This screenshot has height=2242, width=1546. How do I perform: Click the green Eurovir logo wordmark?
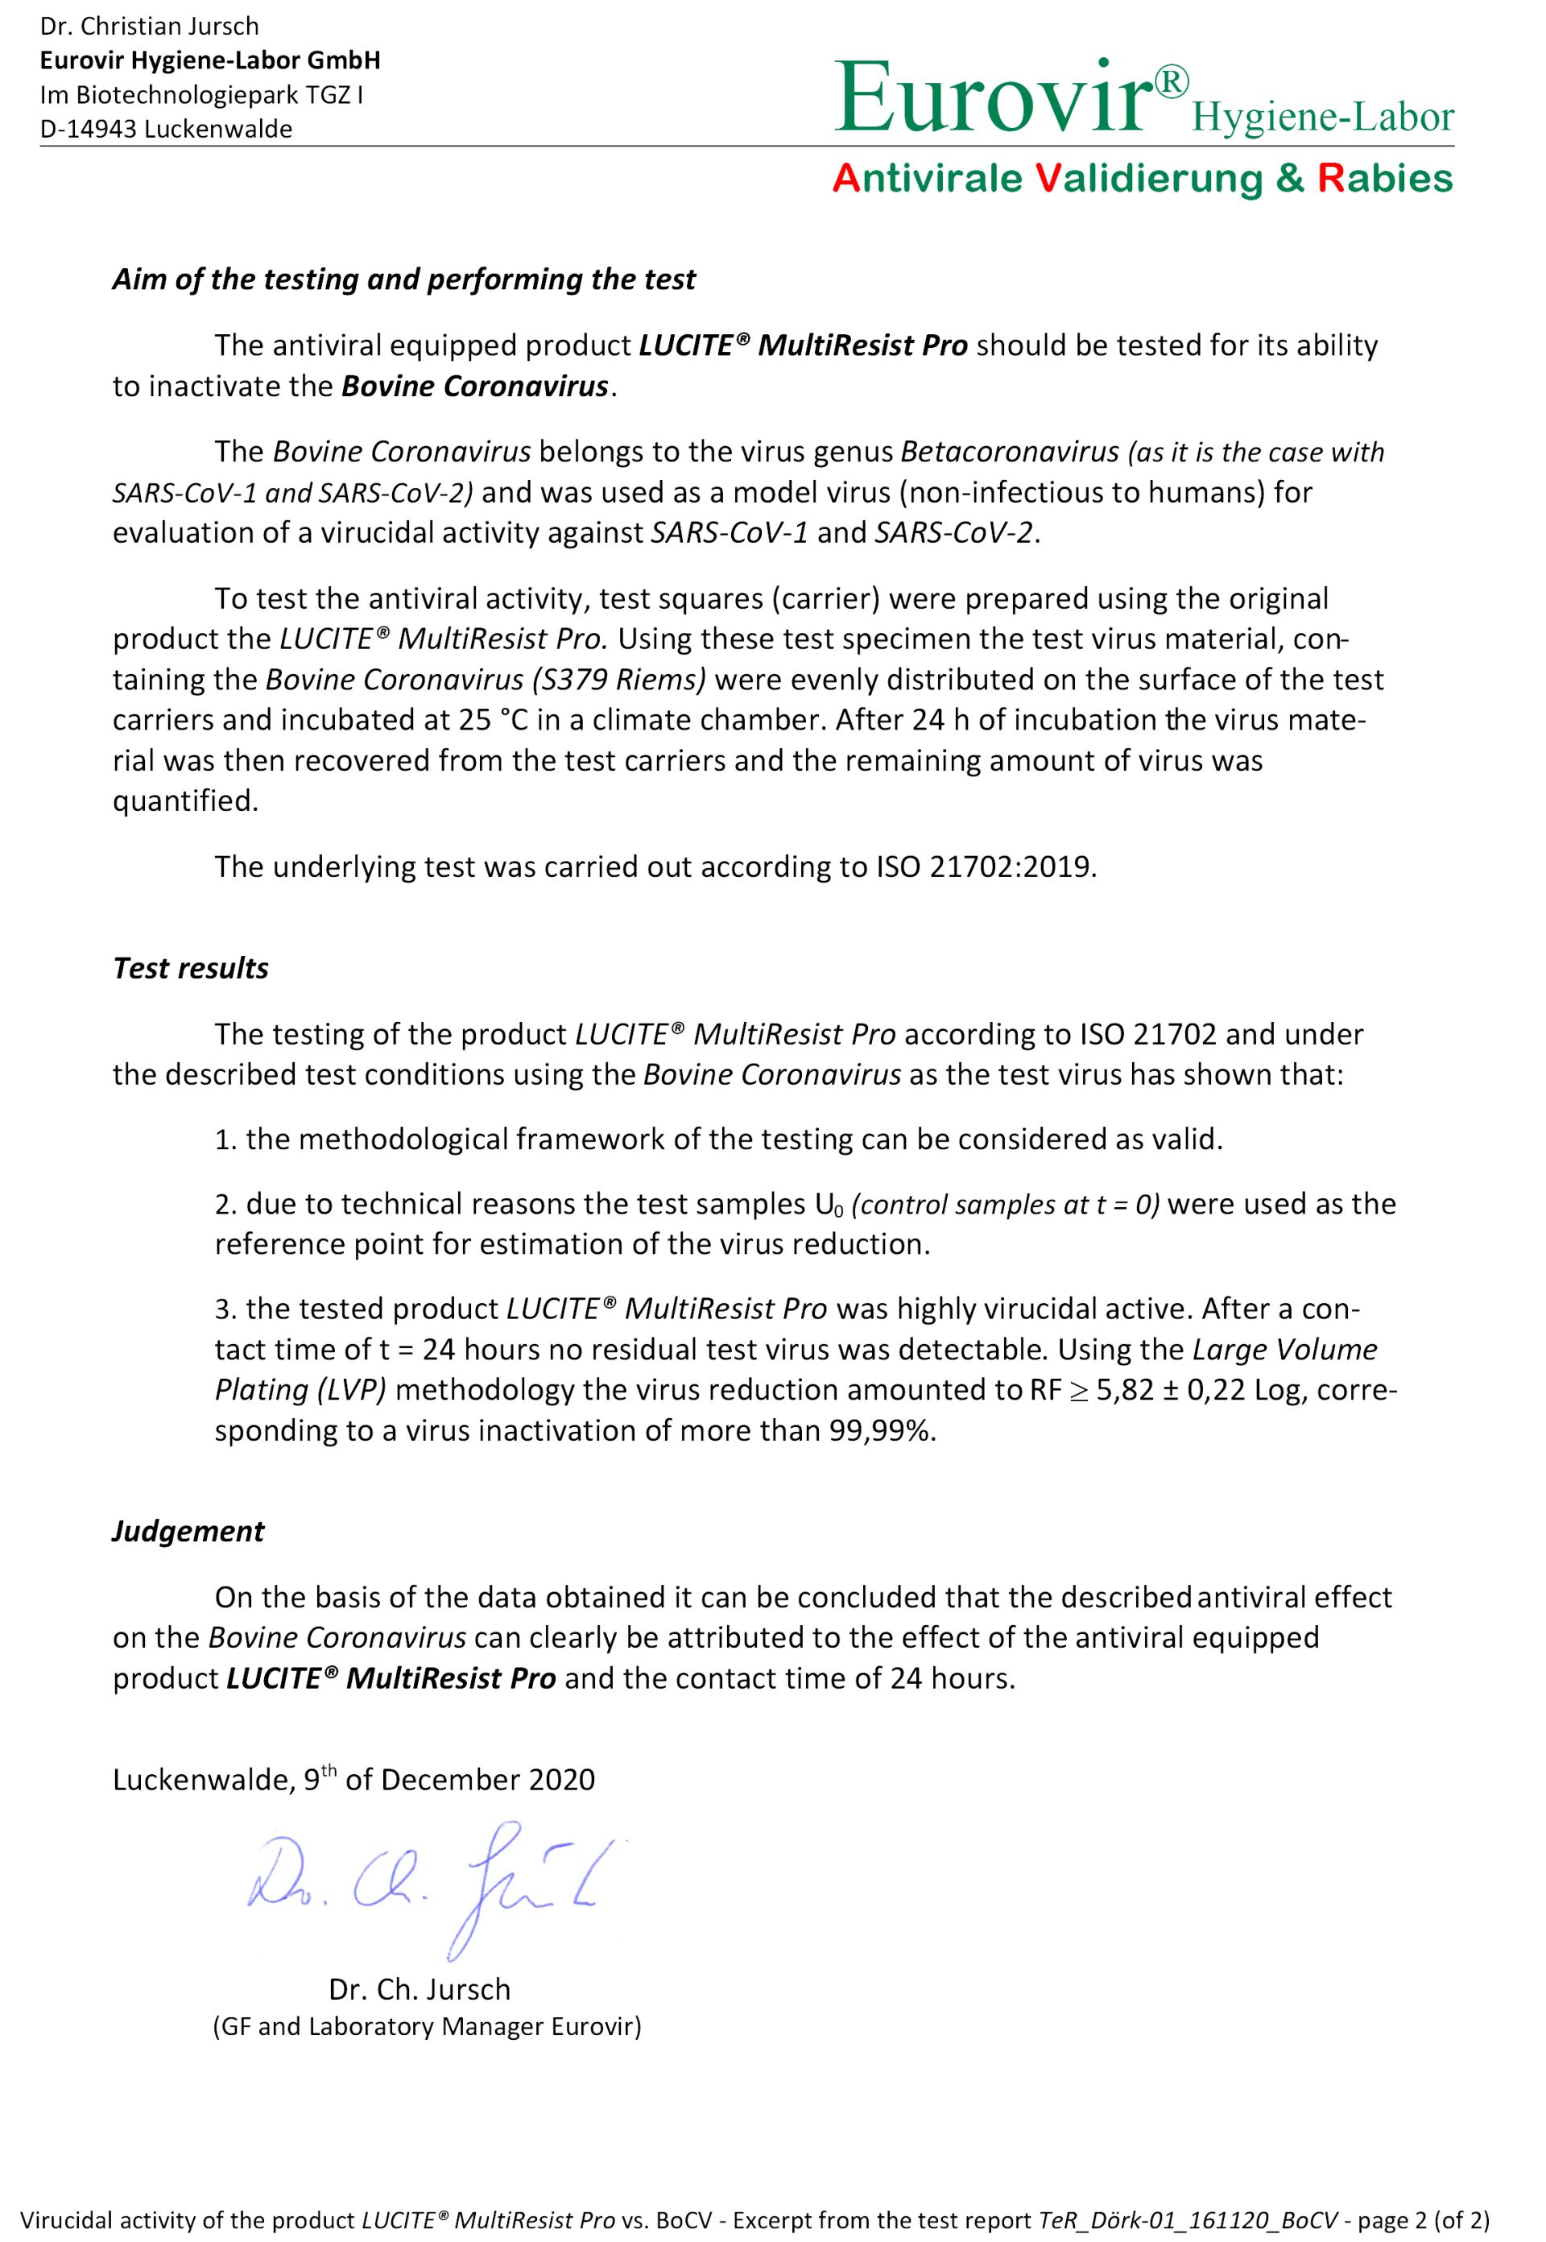[998, 99]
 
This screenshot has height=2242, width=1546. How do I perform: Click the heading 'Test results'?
[191, 968]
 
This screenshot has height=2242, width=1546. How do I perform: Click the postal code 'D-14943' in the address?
[88, 129]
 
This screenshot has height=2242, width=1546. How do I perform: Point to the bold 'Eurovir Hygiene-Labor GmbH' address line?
[209, 60]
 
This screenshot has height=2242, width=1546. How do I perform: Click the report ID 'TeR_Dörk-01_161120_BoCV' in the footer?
[1188, 2219]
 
